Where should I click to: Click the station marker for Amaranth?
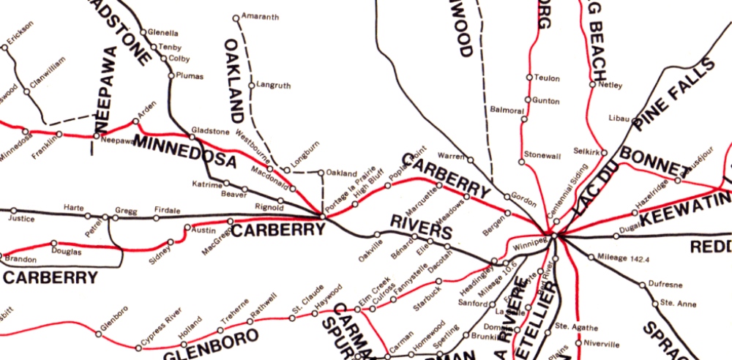[x=236, y=18]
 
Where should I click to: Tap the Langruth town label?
[x=274, y=86]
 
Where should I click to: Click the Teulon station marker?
[x=529, y=77]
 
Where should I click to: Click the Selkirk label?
[x=587, y=151]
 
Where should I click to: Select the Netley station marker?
[x=591, y=85]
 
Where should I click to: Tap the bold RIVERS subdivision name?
[x=421, y=227]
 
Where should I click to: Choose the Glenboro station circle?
[x=98, y=334]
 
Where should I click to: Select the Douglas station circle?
[x=53, y=243]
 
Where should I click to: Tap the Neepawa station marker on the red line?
[x=96, y=135]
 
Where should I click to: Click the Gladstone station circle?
[x=193, y=137]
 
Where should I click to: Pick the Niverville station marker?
[x=578, y=343]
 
